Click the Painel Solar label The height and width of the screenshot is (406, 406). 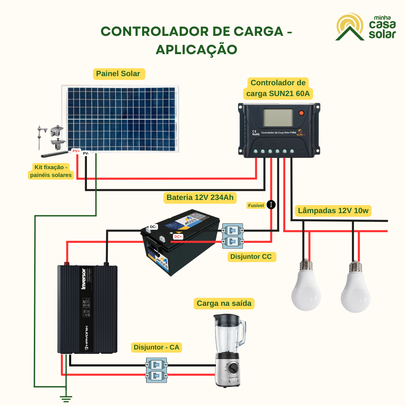(x=118, y=74)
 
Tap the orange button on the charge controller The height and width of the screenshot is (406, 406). (x=301, y=113)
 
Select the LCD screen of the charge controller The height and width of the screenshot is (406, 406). (x=278, y=117)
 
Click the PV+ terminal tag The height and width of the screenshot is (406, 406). (x=76, y=151)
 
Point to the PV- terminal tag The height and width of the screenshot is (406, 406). (x=86, y=153)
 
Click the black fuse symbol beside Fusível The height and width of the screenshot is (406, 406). (x=271, y=205)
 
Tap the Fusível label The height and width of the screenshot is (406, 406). (x=256, y=205)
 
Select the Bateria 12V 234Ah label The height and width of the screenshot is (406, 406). (x=200, y=198)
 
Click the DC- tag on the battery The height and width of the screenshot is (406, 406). (x=153, y=227)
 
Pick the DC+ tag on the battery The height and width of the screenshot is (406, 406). (x=178, y=237)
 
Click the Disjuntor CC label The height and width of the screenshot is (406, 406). (x=251, y=257)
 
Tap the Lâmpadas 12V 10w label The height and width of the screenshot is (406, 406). (x=333, y=211)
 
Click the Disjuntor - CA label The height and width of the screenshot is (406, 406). (x=156, y=347)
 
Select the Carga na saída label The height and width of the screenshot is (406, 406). (x=224, y=303)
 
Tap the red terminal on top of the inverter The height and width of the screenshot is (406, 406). (x=67, y=263)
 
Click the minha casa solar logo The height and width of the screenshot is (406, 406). (x=366, y=27)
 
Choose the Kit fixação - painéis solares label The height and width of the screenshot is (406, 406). (x=51, y=171)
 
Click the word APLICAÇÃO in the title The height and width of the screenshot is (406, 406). (x=197, y=49)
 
